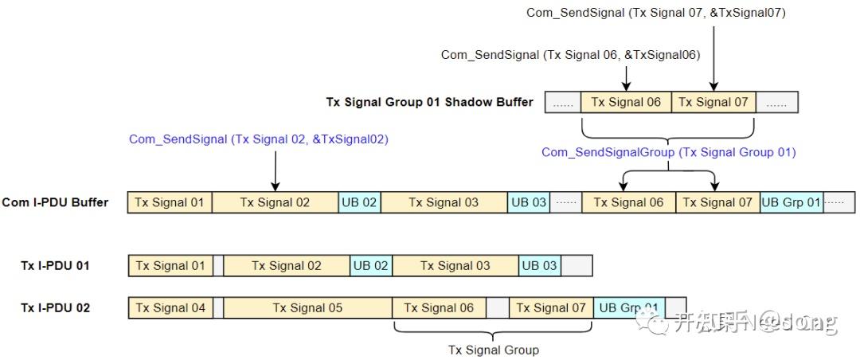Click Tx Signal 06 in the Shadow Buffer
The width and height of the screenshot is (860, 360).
[x=626, y=102]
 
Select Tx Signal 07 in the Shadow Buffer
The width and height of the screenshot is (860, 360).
[x=713, y=102]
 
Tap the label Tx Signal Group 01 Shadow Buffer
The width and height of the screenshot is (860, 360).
[x=429, y=102]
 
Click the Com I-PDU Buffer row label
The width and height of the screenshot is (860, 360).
[x=55, y=202]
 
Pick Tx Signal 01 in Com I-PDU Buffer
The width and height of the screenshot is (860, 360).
[x=170, y=202]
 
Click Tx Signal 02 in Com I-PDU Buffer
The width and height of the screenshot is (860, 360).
[x=275, y=202]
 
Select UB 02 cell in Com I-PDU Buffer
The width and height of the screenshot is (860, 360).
[x=359, y=202]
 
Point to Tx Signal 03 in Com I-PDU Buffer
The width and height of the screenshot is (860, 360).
[x=444, y=202]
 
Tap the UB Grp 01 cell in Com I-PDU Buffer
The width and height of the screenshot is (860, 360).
[x=791, y=202]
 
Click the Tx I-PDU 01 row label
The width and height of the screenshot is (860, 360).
[x=55, y=265]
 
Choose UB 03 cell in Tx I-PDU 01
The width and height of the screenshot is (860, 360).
[x=539, y=265]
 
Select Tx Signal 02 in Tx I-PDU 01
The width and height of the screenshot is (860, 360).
[x=286, y=265]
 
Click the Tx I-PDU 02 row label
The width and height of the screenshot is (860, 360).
[x=55, y=307]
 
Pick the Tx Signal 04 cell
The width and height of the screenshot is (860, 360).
[x=170, y=307]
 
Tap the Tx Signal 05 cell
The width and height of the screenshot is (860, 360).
[x=307, y=307]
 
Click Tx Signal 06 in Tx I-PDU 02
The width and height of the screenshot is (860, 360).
[x=439, y=307]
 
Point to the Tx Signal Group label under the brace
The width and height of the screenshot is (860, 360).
[x=493, y=350]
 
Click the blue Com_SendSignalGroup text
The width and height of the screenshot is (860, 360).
[x=668, y=152]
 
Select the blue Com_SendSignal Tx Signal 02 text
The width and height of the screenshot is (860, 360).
[x=258, y=139]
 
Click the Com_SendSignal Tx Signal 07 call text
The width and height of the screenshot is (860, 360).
[x=656, y=13]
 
